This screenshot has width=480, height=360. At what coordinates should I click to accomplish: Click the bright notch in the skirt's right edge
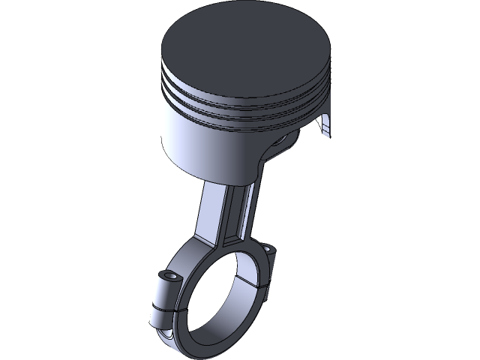pyautogui.click(x=325, y=127)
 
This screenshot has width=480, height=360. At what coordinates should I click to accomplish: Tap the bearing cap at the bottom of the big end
pyautogui.click(x=202, y=341)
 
